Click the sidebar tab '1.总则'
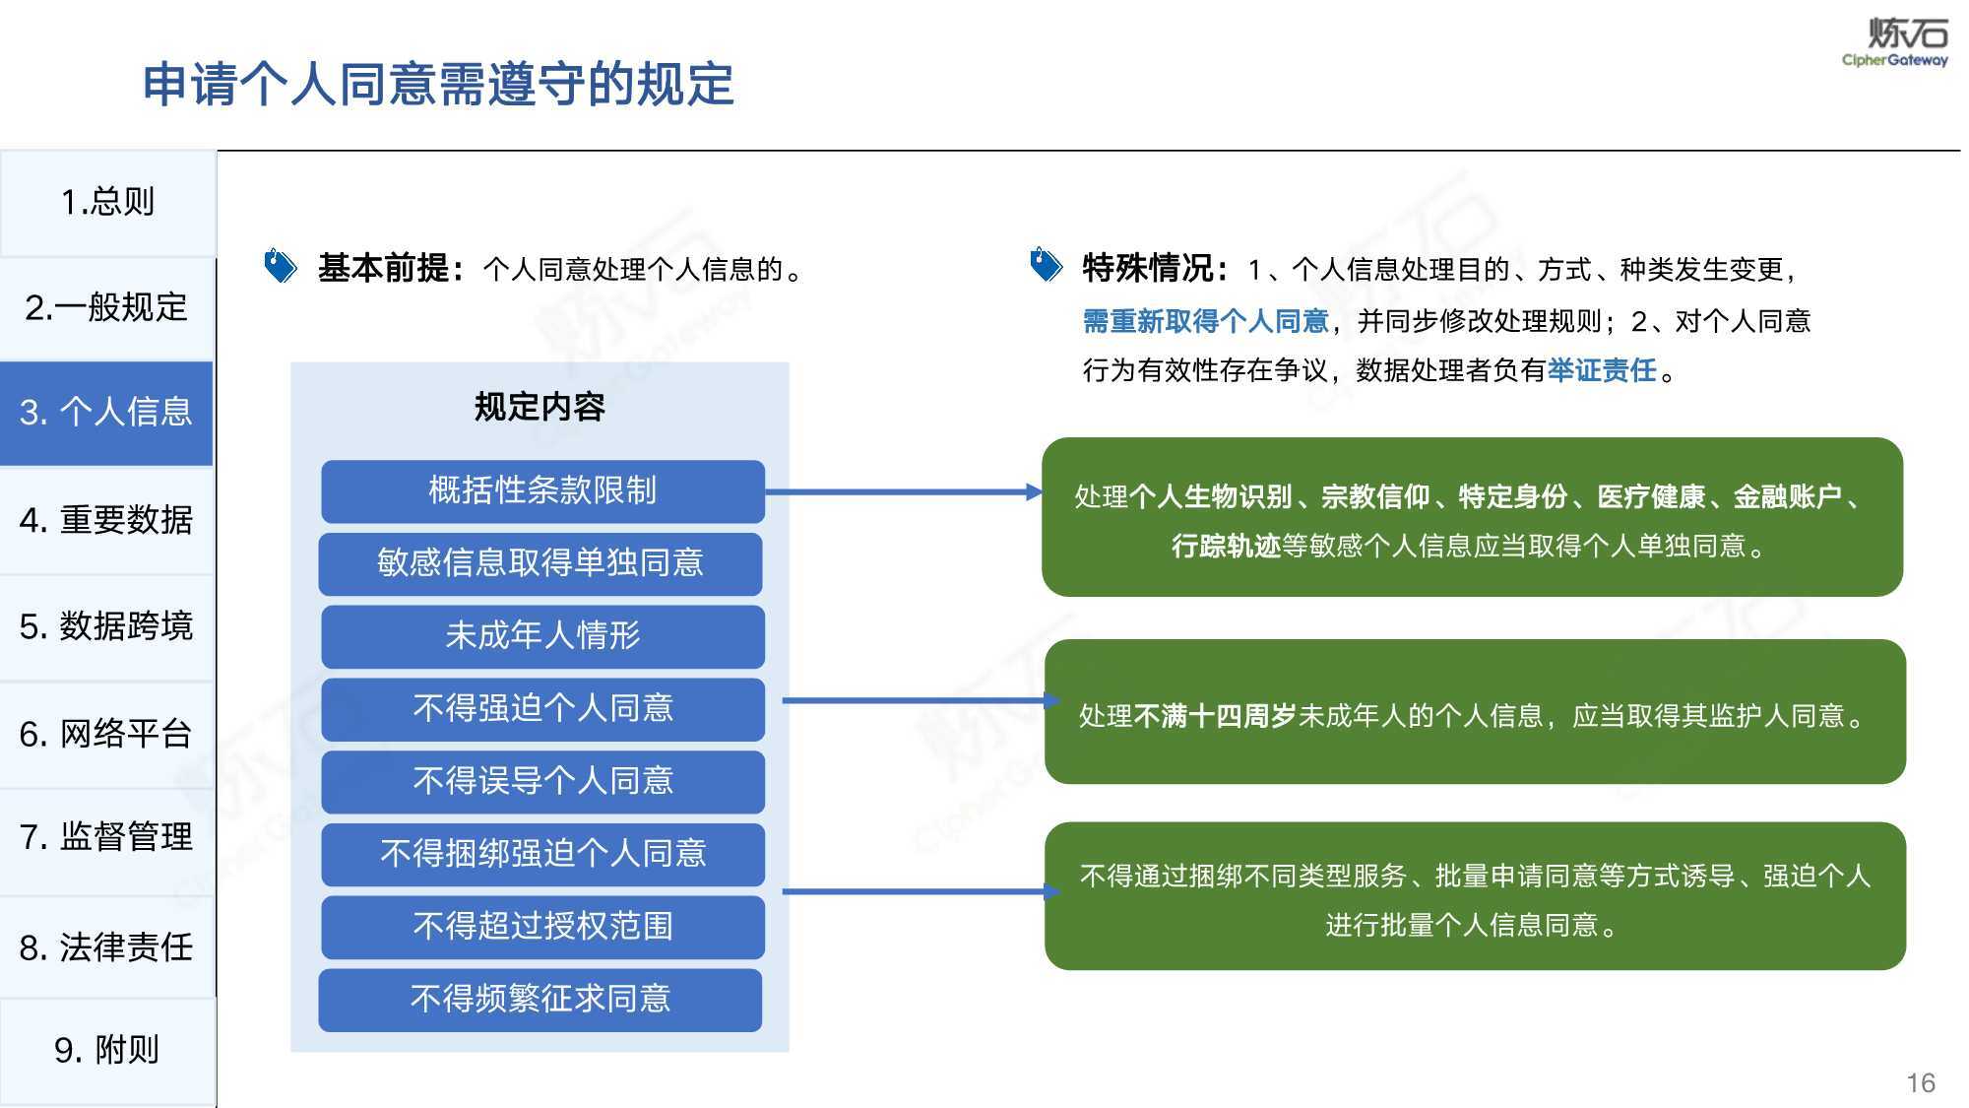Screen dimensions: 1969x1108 coord(107,203)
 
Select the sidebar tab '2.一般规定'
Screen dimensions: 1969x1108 coord(107,308)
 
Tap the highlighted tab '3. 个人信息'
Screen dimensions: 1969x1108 coord(106,413)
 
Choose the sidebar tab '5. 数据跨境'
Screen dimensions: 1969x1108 coord(107,626)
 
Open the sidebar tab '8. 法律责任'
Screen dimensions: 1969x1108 coord(107,946)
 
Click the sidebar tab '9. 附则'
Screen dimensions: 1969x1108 coord(107,1050)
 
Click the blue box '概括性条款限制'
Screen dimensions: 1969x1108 coord(542,490)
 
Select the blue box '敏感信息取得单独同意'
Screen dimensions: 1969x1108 coord(540,563)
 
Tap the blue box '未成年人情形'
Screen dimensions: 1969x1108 coord(542,636)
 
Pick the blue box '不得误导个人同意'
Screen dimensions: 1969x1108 coord(542,781)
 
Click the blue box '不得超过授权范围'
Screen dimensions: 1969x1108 coord(542,926)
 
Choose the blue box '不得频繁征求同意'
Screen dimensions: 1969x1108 coord(540,1000)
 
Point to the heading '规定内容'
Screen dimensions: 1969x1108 coord(540,407)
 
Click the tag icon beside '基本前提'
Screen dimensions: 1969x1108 coord(281,266)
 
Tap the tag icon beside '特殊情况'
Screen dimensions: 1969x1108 coord(1047,264)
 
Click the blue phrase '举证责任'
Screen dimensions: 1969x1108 coord(1602,370)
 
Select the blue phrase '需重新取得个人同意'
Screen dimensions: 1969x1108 coord(1206,321)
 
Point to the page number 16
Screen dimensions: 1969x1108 coord(1921,1083)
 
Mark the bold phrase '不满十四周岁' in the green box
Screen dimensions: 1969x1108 coord(1215,716)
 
